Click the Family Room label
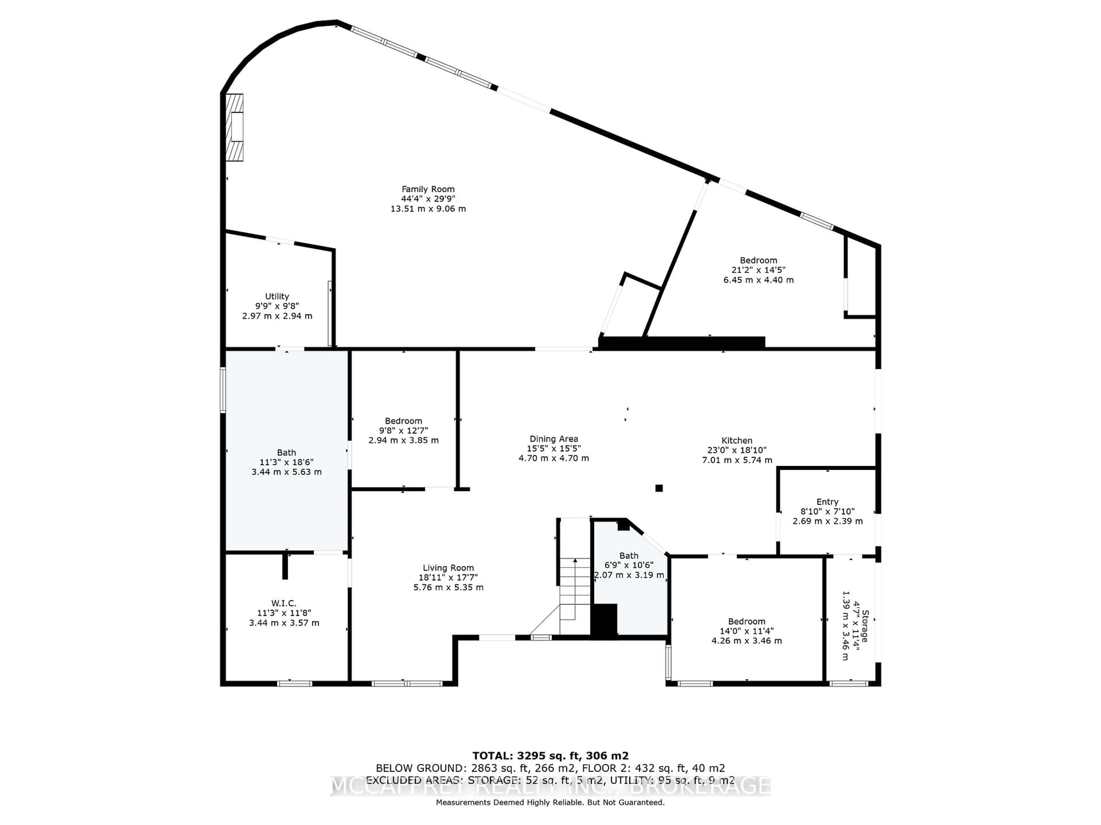pos(428,189)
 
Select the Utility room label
pos(277,296)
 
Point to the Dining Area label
pos(553,439)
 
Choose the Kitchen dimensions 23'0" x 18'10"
pos(737,450)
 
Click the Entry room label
pos(827,502)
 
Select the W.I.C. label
pos(284,603)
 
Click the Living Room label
pos(448,568)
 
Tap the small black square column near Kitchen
pos(659,488)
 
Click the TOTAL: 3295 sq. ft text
pos(550,756)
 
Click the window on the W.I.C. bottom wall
pos(294,684)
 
